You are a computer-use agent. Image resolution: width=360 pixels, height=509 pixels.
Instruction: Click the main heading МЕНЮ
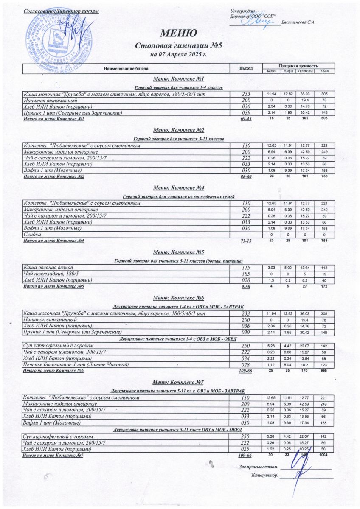(178, 33)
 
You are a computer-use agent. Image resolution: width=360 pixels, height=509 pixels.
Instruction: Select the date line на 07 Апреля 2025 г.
(178, 54)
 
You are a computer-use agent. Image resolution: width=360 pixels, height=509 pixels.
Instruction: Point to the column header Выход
(246, 68)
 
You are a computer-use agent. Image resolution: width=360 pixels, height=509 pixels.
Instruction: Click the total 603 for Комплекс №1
(324, 119)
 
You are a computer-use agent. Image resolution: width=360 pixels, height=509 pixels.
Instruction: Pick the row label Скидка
(30, 235)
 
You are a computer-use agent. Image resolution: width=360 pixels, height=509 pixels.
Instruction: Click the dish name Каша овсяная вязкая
(48, 268)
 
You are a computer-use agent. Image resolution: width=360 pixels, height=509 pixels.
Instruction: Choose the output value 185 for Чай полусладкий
(246, 274)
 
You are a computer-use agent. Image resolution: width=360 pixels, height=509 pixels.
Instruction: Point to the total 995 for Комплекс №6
(324, 371)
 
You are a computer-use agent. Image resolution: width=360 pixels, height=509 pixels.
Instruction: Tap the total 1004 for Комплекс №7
(324, 455)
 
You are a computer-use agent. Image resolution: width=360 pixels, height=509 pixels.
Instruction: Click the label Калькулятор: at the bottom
(264, 475)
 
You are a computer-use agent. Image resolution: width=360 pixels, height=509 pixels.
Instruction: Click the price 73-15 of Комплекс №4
(246, 241)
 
